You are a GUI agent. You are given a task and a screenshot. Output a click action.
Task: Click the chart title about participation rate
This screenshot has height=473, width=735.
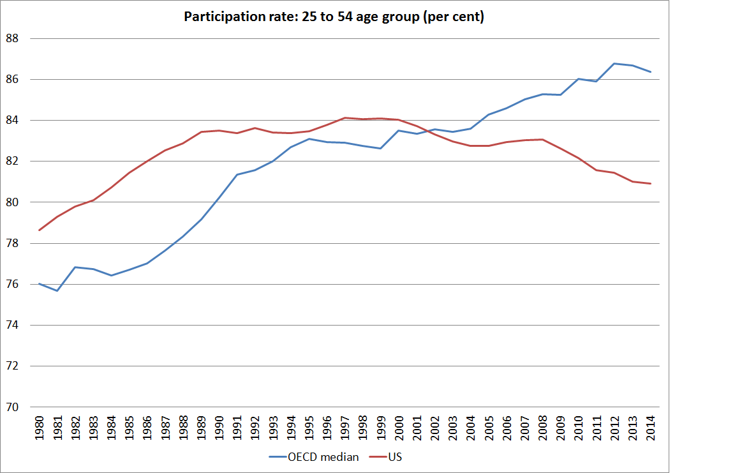pos(334,17)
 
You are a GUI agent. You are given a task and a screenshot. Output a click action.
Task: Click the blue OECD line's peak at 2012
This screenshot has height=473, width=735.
pos(614,63)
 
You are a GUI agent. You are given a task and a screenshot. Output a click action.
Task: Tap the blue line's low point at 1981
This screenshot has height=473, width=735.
pos(57,290)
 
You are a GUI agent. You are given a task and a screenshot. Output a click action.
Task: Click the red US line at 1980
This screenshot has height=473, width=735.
pos(39,230)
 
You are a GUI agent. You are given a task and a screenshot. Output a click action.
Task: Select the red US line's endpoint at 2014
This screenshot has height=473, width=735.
pos(650,184)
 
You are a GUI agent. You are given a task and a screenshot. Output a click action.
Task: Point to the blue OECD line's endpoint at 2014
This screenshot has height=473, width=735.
pos(650,71)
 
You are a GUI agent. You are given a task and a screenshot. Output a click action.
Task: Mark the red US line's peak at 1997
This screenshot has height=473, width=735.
pos(345,117)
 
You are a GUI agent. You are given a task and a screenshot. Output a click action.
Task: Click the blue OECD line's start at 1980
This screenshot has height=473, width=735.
pos(39,283)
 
